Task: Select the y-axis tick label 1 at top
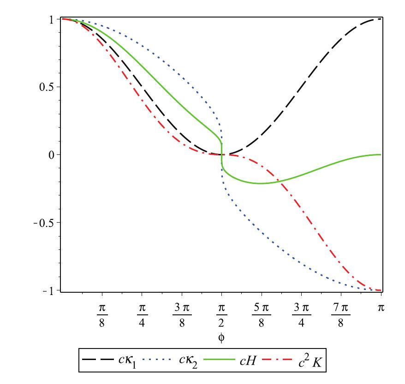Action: [x=53, y=19]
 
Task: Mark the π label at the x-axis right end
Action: [x=381, y=307]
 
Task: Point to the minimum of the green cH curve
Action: [x=261, y=183]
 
